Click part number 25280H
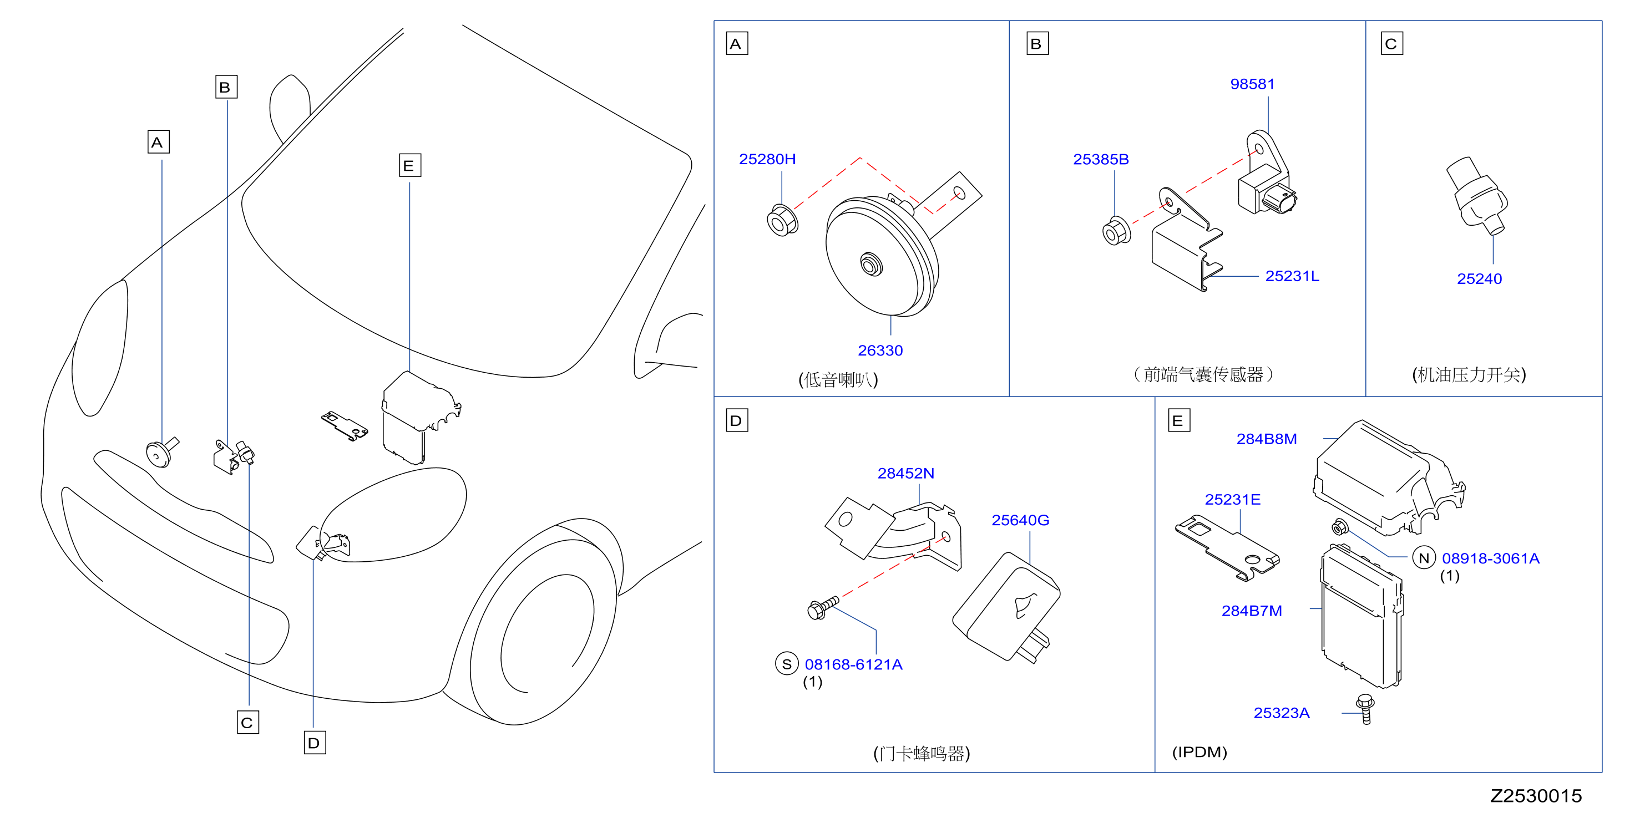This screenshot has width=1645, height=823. [767, 159]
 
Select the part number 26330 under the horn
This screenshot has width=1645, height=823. [880, 350]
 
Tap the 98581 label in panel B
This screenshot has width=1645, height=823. [1252, 84]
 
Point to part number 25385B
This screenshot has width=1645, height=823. [1100, 159]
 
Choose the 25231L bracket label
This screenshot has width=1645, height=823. [1292, 276]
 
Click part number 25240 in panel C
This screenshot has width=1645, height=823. [1479, 278]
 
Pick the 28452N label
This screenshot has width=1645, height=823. [905, 473]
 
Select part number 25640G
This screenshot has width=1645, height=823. [1020, 520]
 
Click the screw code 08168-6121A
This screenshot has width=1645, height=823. [853, 664]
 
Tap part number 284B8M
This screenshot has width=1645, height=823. [1266, 439]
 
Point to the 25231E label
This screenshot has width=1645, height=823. [1232, 499]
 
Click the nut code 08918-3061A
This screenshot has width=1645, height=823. [1490, 558]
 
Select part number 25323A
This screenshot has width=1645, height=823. [1281, 713]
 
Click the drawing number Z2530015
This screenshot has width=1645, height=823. [1536, 796]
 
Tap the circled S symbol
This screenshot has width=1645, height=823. [787, 664]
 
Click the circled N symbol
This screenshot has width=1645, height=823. [1424, 558]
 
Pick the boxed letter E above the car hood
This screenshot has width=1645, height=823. [409, 165]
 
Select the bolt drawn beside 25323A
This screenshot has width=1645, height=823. [1365, 709]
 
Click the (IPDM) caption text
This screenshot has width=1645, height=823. [1199, 752]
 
